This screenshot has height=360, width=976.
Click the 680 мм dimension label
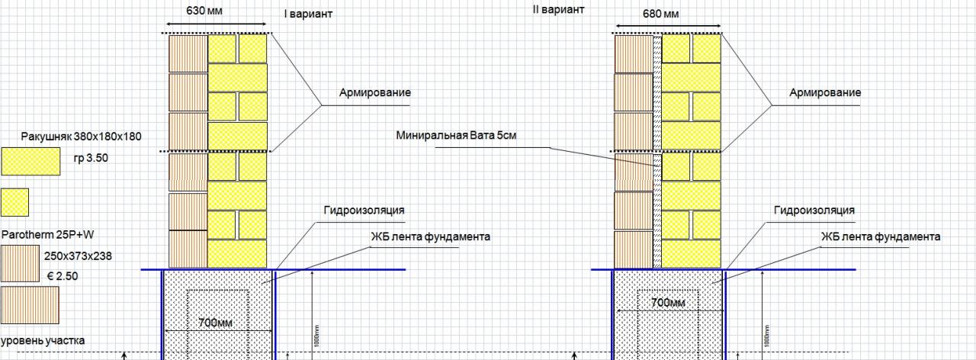point(660,14)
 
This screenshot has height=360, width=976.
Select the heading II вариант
point(558,10)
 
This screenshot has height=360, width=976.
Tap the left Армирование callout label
point(375,92)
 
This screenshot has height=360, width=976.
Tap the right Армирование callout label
point(825,92)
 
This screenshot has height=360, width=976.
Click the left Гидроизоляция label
point(364,210)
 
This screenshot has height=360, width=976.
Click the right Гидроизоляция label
point(814,210)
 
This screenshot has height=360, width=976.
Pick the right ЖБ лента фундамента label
point(881,236)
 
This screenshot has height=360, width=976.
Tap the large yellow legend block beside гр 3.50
point(30,162)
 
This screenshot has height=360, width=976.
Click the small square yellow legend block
point(15,202)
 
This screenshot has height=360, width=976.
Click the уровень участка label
point(43,340)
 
